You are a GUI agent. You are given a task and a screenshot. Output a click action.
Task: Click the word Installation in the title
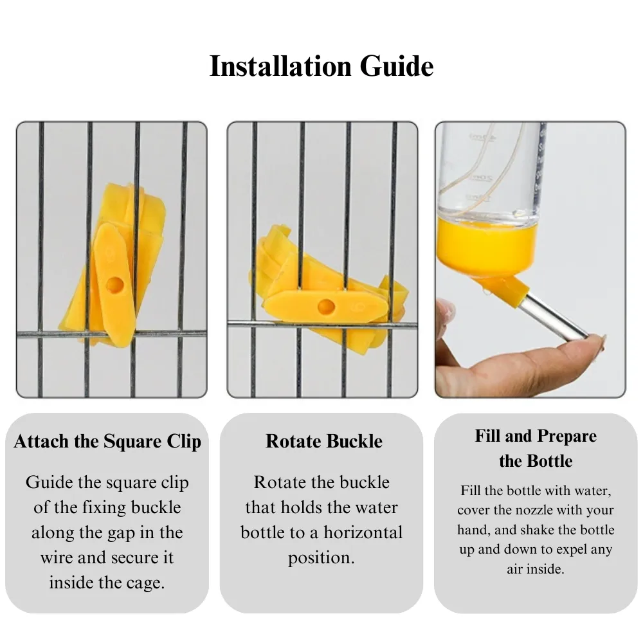tap(280, 66)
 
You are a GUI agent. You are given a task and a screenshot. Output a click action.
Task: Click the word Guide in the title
tap(397, 66)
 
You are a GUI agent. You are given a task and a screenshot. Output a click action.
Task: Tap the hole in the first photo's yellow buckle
tap(115, 284)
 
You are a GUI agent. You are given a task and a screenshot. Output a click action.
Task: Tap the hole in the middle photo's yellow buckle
tap(327, 306)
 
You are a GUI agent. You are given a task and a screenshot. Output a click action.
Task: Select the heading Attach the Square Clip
tap(107, 442)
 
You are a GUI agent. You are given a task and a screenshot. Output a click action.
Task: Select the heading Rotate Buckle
tap(324, 441)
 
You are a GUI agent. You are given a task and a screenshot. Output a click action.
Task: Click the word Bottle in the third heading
tap(550, 461)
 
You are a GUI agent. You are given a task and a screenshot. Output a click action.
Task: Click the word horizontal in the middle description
tap(363, 532)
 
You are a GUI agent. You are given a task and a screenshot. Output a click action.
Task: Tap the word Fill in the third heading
tap(488, 436)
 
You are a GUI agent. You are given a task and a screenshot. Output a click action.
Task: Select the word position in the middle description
tap(321, 558)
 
